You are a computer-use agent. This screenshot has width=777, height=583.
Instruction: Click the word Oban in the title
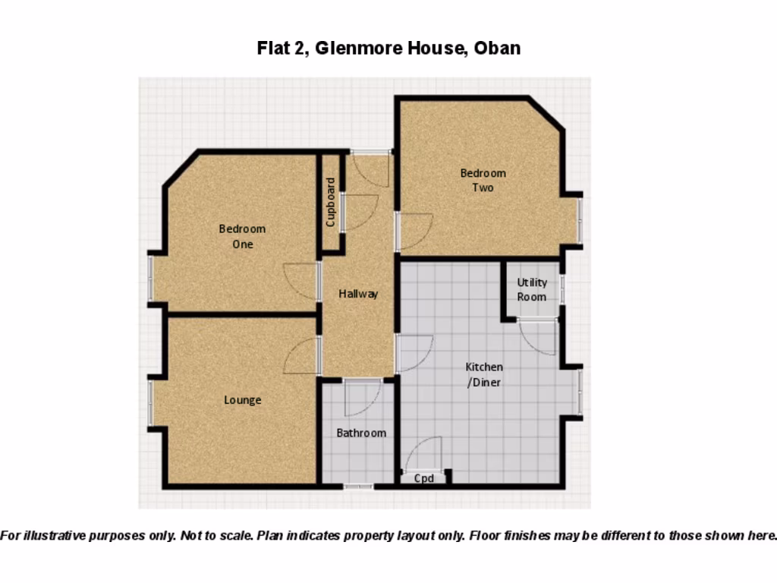tap(497, 49)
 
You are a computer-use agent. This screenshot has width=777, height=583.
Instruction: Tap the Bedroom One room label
tap(242, 236)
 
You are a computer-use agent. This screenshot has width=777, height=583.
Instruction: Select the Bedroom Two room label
tap(483, 180)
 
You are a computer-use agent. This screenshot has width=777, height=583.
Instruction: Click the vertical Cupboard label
tap(330, 202)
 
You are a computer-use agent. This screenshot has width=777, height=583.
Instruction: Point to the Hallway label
tap(358, 294)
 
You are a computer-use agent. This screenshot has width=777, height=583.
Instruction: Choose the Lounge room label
tap(242, 400)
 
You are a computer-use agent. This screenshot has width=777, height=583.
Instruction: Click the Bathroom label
tap(361, 433)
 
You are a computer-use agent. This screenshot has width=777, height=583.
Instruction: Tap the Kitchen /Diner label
tap(483, 375)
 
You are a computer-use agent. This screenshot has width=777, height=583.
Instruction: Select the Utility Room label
tap(532, 289)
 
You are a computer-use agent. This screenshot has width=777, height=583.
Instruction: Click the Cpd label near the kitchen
tap(423, 478)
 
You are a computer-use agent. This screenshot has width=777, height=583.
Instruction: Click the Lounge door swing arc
tap(300, 356)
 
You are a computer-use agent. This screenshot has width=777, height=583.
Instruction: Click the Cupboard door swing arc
tap(360, 213)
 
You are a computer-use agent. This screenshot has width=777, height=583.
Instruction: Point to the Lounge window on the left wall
tap(150, 402)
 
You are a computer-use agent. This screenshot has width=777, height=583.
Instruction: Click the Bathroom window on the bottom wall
tap(358, 486)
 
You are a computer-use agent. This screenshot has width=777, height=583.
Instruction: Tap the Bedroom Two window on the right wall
tap(579, 220)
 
